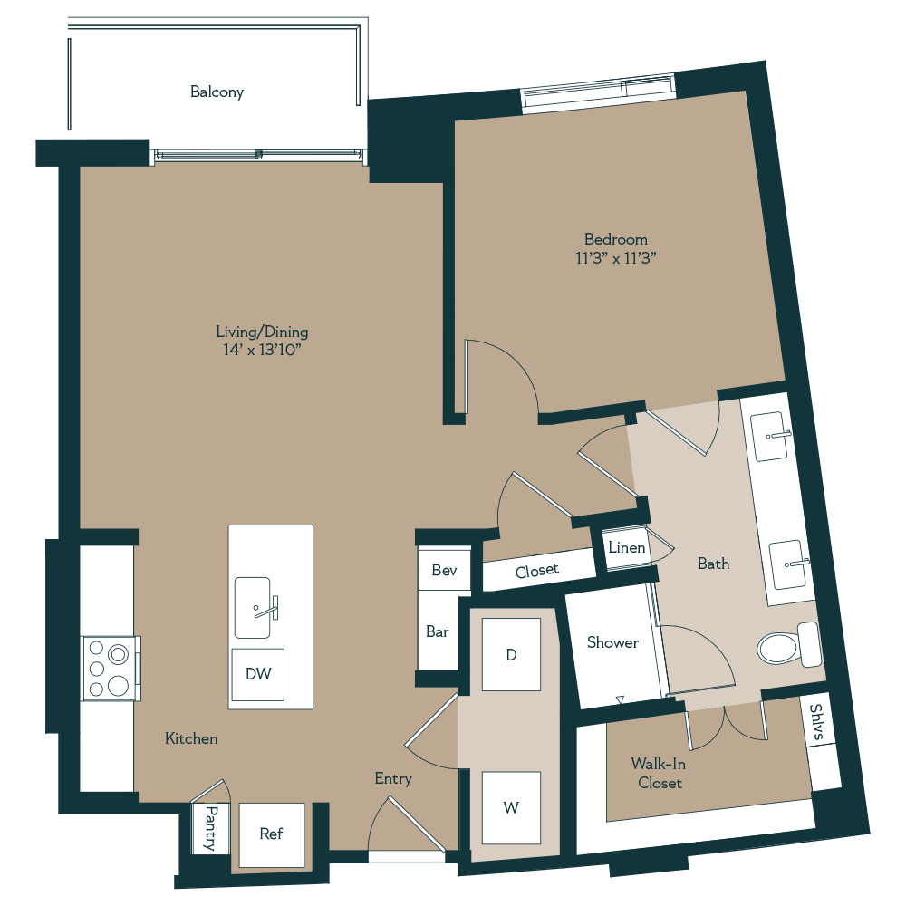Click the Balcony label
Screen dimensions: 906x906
(217, 92)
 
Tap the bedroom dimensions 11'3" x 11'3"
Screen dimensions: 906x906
(616, 258)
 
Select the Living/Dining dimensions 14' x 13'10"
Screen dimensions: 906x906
(262, 350)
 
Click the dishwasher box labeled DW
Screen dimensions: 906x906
(257, 674)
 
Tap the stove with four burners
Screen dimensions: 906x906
(110, 669)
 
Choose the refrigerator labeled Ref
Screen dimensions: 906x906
(271, 834)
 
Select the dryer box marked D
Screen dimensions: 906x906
(511, 654)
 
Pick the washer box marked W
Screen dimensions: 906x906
(511, 807)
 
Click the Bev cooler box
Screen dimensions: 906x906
(444, 570)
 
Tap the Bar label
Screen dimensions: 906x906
(438, 631)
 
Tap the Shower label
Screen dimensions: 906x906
(612, 642)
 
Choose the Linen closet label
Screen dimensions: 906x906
(627, 548)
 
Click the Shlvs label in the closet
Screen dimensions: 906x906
(817, 723)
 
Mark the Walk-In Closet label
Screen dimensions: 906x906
(659, 773)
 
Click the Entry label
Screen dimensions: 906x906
(393, 778)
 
